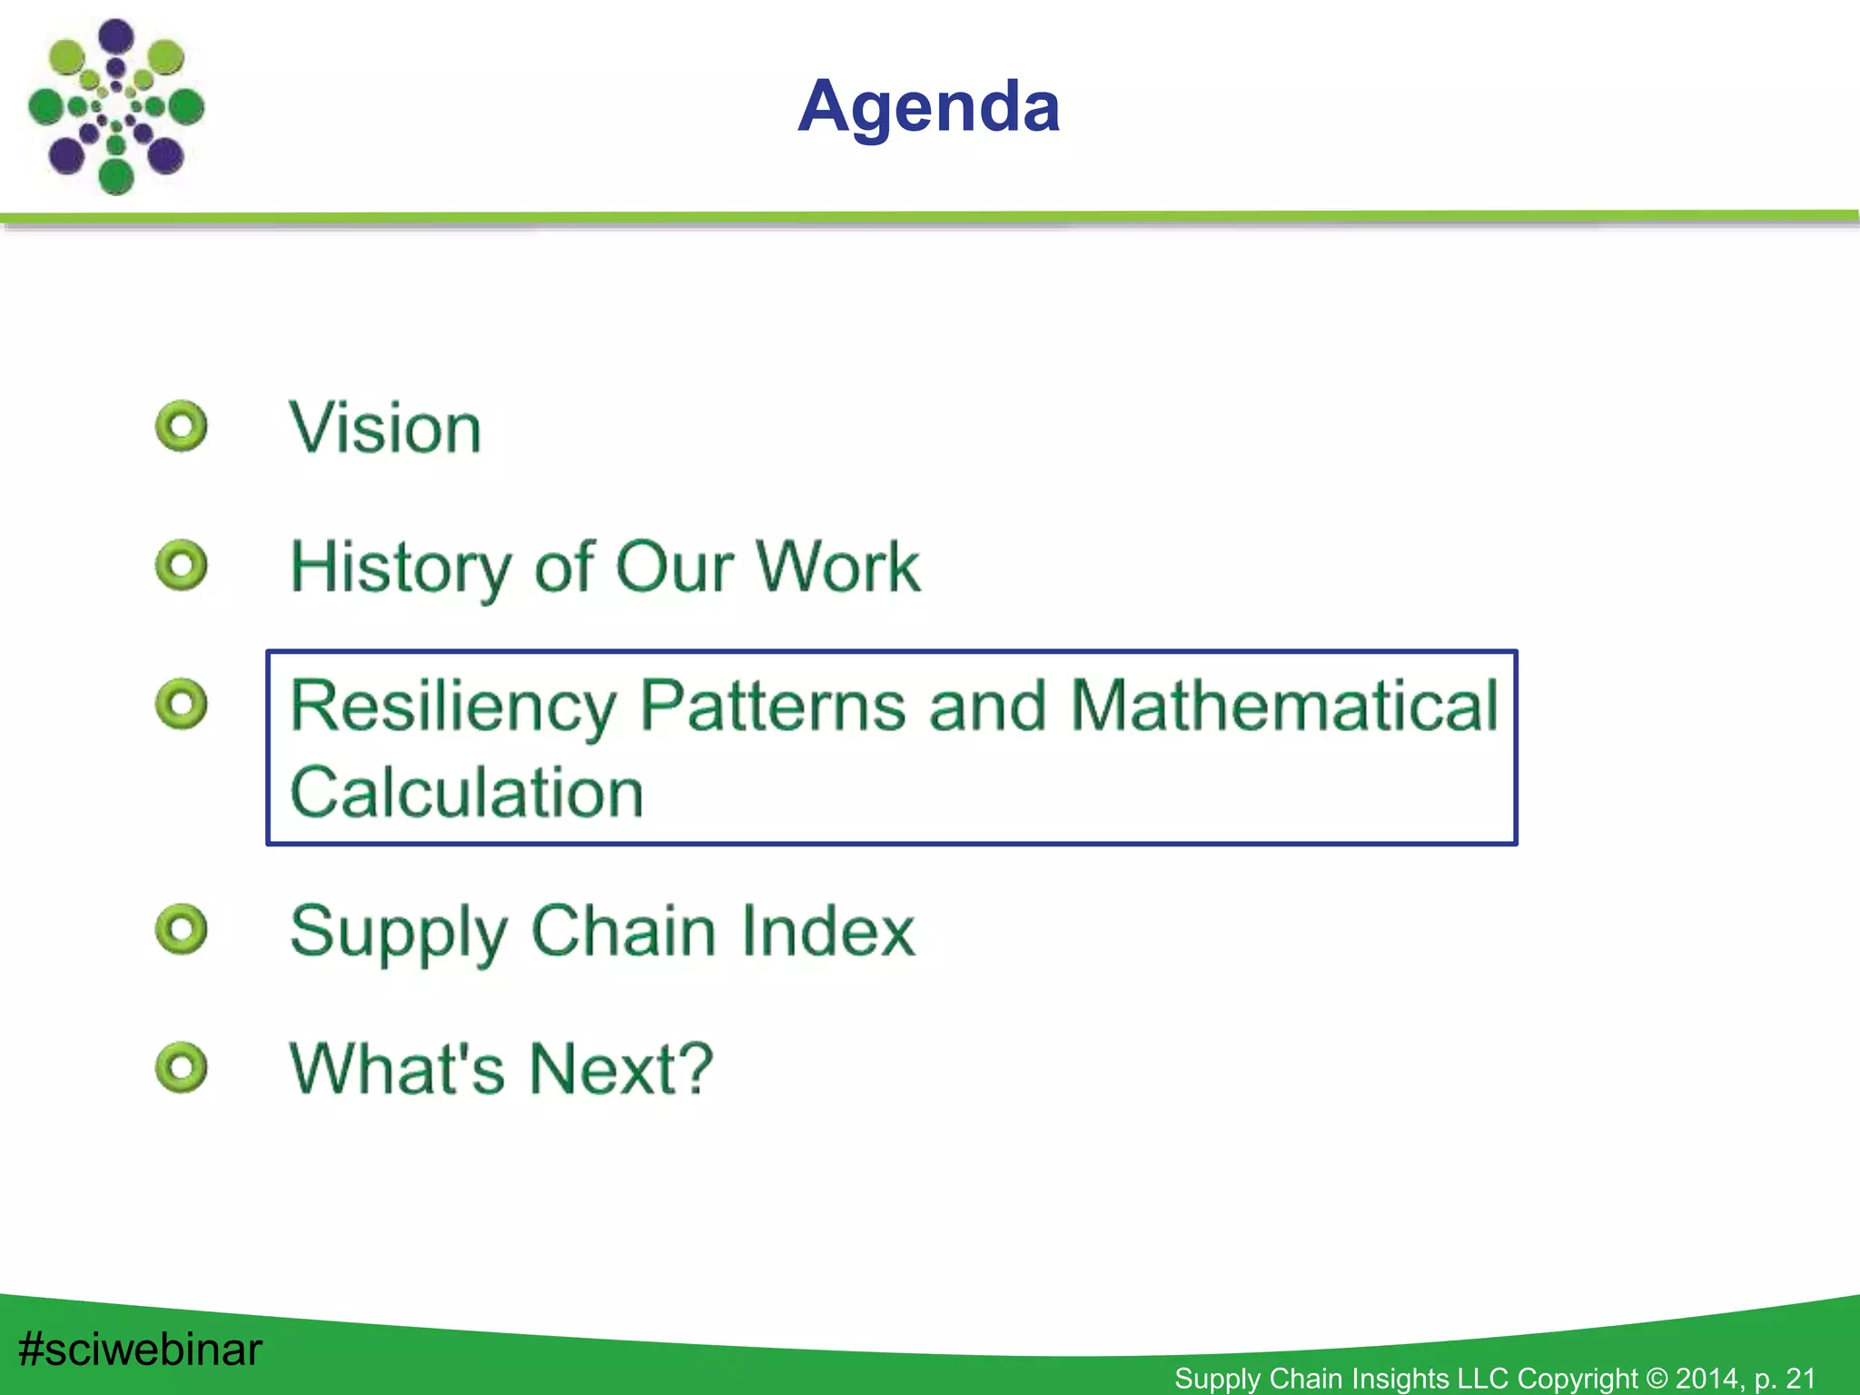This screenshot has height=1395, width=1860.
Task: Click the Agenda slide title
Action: pos(928,107)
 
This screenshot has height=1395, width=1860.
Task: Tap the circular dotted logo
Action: pos(116,107)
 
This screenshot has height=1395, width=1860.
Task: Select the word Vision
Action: pos(385,429)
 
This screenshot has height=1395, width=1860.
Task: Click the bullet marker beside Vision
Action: pos(182,426)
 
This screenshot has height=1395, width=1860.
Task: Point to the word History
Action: pos(400,567)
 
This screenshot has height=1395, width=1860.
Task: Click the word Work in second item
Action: pos(837,567)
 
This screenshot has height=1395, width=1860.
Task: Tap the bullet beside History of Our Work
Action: pos(182,565)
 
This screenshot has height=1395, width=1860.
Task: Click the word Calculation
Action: pos(466,792)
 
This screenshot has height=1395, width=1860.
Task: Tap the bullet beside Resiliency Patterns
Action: pos(182,704)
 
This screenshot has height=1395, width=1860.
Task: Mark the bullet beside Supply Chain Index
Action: pos(182,929)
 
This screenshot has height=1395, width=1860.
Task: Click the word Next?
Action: pos(621,1069)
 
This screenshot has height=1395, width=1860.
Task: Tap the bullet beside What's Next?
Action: pos(182,1067)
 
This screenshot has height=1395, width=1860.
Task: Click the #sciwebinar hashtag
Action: pos(140,1349)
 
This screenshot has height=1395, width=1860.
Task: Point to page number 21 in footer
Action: pos(1800,1379)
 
